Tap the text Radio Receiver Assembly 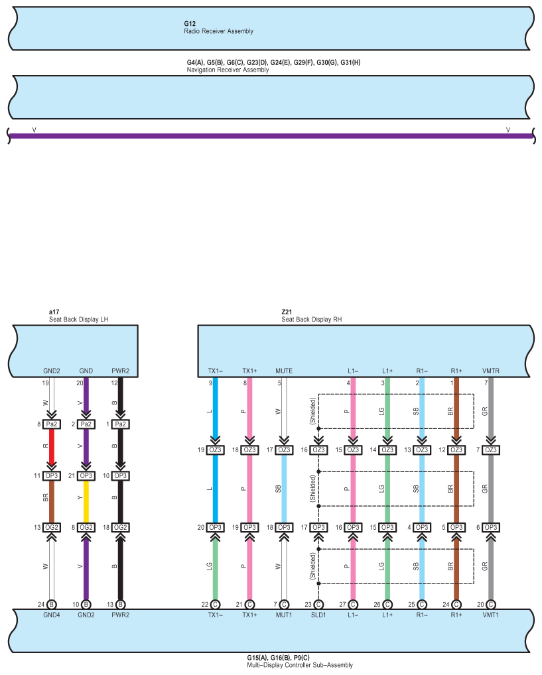(x=218, y=31)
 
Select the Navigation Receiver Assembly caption (x=228, y=70)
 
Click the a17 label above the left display (x=54, y=312)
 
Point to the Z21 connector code (x=287, y=312)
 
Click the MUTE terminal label (x=283, y=371)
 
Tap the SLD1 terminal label (x=318, y=615)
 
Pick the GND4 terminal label (x=51, y=615)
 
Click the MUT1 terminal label (x=284, y=615)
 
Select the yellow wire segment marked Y (x=86, y=501)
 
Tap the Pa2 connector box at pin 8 (x=51, y=424)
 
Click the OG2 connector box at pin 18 (x=120, y=527)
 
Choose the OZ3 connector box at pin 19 (x=215, y=450)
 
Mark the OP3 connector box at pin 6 (x=490, y=527)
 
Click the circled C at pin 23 (x=318, y=604)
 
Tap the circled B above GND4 (x=51, y=604)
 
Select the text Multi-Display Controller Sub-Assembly (x=299, y=665)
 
